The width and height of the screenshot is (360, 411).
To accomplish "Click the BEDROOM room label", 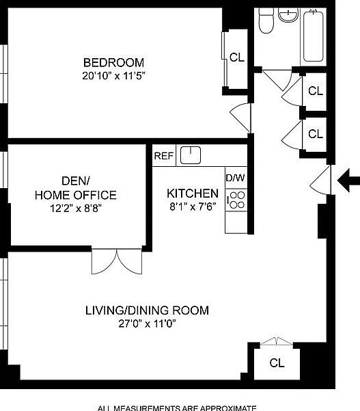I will (113, 62).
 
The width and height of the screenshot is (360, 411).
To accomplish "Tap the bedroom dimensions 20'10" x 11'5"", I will (113, 76).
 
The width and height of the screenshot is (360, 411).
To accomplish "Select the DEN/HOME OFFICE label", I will (75, 188).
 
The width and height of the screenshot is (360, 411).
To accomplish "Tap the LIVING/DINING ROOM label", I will (147, 310).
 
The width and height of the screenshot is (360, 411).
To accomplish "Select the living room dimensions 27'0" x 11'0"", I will (147, 325).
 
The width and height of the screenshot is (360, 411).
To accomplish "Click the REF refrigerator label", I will (163, 156).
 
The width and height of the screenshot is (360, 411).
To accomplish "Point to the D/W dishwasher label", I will (235, 178).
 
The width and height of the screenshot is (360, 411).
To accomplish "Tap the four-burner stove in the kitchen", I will (236, 200).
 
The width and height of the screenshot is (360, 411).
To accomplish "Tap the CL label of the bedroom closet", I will (236, 58).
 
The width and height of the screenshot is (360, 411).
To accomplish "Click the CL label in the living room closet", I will (277, 362).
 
